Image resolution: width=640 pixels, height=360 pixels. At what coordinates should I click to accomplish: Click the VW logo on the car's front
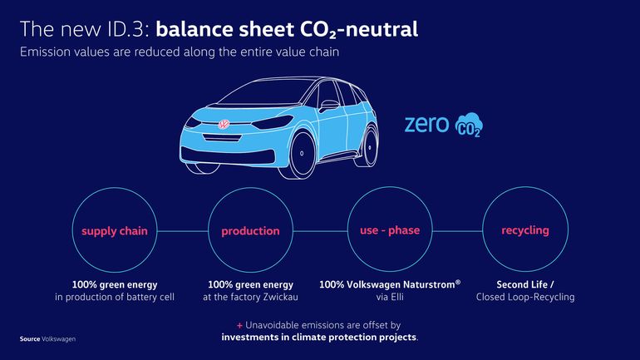click(224, 124)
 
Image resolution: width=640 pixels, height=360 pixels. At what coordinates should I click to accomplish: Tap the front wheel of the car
click(301, 154)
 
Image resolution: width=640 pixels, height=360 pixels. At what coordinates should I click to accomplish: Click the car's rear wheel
click(368, 146)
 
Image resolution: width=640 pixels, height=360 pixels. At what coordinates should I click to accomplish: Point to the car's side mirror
click(328, 106)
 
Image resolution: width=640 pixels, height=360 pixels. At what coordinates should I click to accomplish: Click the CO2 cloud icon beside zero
click(469, 125)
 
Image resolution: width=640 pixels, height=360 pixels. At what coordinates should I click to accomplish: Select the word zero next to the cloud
click(426, 124)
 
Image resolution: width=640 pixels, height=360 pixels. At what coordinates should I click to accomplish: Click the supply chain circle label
click(115, 231)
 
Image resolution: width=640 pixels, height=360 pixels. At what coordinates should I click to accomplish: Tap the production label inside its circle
click(250, 231)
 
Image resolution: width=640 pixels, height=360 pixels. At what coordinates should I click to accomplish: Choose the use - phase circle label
click(390, 230)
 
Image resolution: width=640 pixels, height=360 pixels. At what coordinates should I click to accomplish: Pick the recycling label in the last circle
click(525, 230)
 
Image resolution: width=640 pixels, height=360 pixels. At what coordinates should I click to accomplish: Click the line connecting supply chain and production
click(183, 231)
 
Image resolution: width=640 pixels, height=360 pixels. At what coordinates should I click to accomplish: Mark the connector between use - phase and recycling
click(457, 231)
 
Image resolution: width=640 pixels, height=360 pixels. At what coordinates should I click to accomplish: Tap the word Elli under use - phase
click(396, 297)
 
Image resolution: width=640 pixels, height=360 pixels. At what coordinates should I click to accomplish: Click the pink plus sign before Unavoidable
click(239, 325)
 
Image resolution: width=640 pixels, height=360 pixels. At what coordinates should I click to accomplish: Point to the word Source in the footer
click(30, 338)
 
